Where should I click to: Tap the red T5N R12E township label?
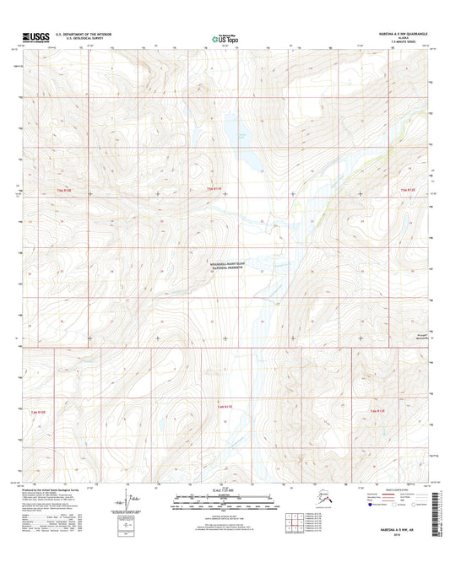click(x=408, y=190)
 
